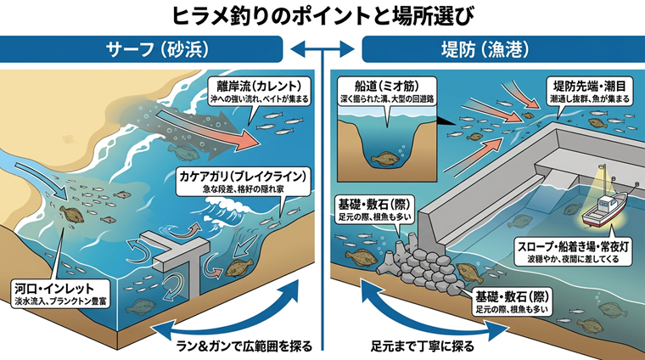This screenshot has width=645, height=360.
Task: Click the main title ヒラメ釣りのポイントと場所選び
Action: [x=322, y=16]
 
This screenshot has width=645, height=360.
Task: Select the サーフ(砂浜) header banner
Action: [x=141, y=49]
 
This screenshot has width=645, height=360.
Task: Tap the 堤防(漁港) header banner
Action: [x=503, y=49]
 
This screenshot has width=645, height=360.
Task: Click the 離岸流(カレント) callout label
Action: [x=259, y=91]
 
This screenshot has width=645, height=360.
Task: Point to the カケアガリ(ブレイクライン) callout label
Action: [x=243, y=182]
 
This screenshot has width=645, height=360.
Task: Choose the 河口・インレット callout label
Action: [x=60, y=294]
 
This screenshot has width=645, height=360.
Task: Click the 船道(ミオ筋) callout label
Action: [x=387, y=91]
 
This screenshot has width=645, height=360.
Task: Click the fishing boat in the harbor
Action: [x=604, y=210]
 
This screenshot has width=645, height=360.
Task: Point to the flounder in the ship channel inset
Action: [x=384, y=160]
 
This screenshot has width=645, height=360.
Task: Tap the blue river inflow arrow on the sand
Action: [x=42, y=179]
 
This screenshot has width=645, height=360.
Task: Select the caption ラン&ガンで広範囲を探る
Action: [x=244, y=346]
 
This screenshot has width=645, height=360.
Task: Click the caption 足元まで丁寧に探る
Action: [x=423, y=346]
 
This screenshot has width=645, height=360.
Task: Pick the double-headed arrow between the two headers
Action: [x=322, y=49]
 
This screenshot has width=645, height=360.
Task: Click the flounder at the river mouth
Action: [x=71, y=214]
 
